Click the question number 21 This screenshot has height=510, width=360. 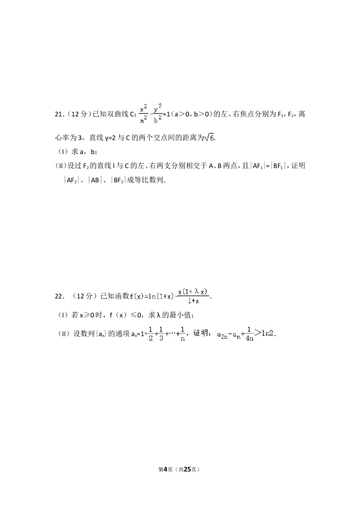pyautogui.click(x=59, y=114)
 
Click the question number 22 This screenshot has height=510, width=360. pyautogui.click(x=59, y=296)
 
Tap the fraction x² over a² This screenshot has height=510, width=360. pyautogui.click(x=144, y=113)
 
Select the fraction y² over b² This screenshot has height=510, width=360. pyautogui.click(x=157, y=113)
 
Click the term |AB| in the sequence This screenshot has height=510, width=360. pyautogui.click(x=95, y=180)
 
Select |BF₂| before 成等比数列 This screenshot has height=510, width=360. pyautogui.click(x=118, y=180)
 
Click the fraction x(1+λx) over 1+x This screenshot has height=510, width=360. pyautogui.click(x=193, y=296)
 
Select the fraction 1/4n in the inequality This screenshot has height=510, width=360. pyautogui.click(x=249, y=334)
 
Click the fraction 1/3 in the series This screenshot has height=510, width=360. pyautogui.click(x=162, y=334)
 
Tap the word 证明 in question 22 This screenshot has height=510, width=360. pyautogui.click(x=200, y=333)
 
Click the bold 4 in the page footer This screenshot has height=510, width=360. pyautogui.click(x=165, y=469)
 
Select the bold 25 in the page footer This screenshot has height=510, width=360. pyautogui.click(x=188, y=469)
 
